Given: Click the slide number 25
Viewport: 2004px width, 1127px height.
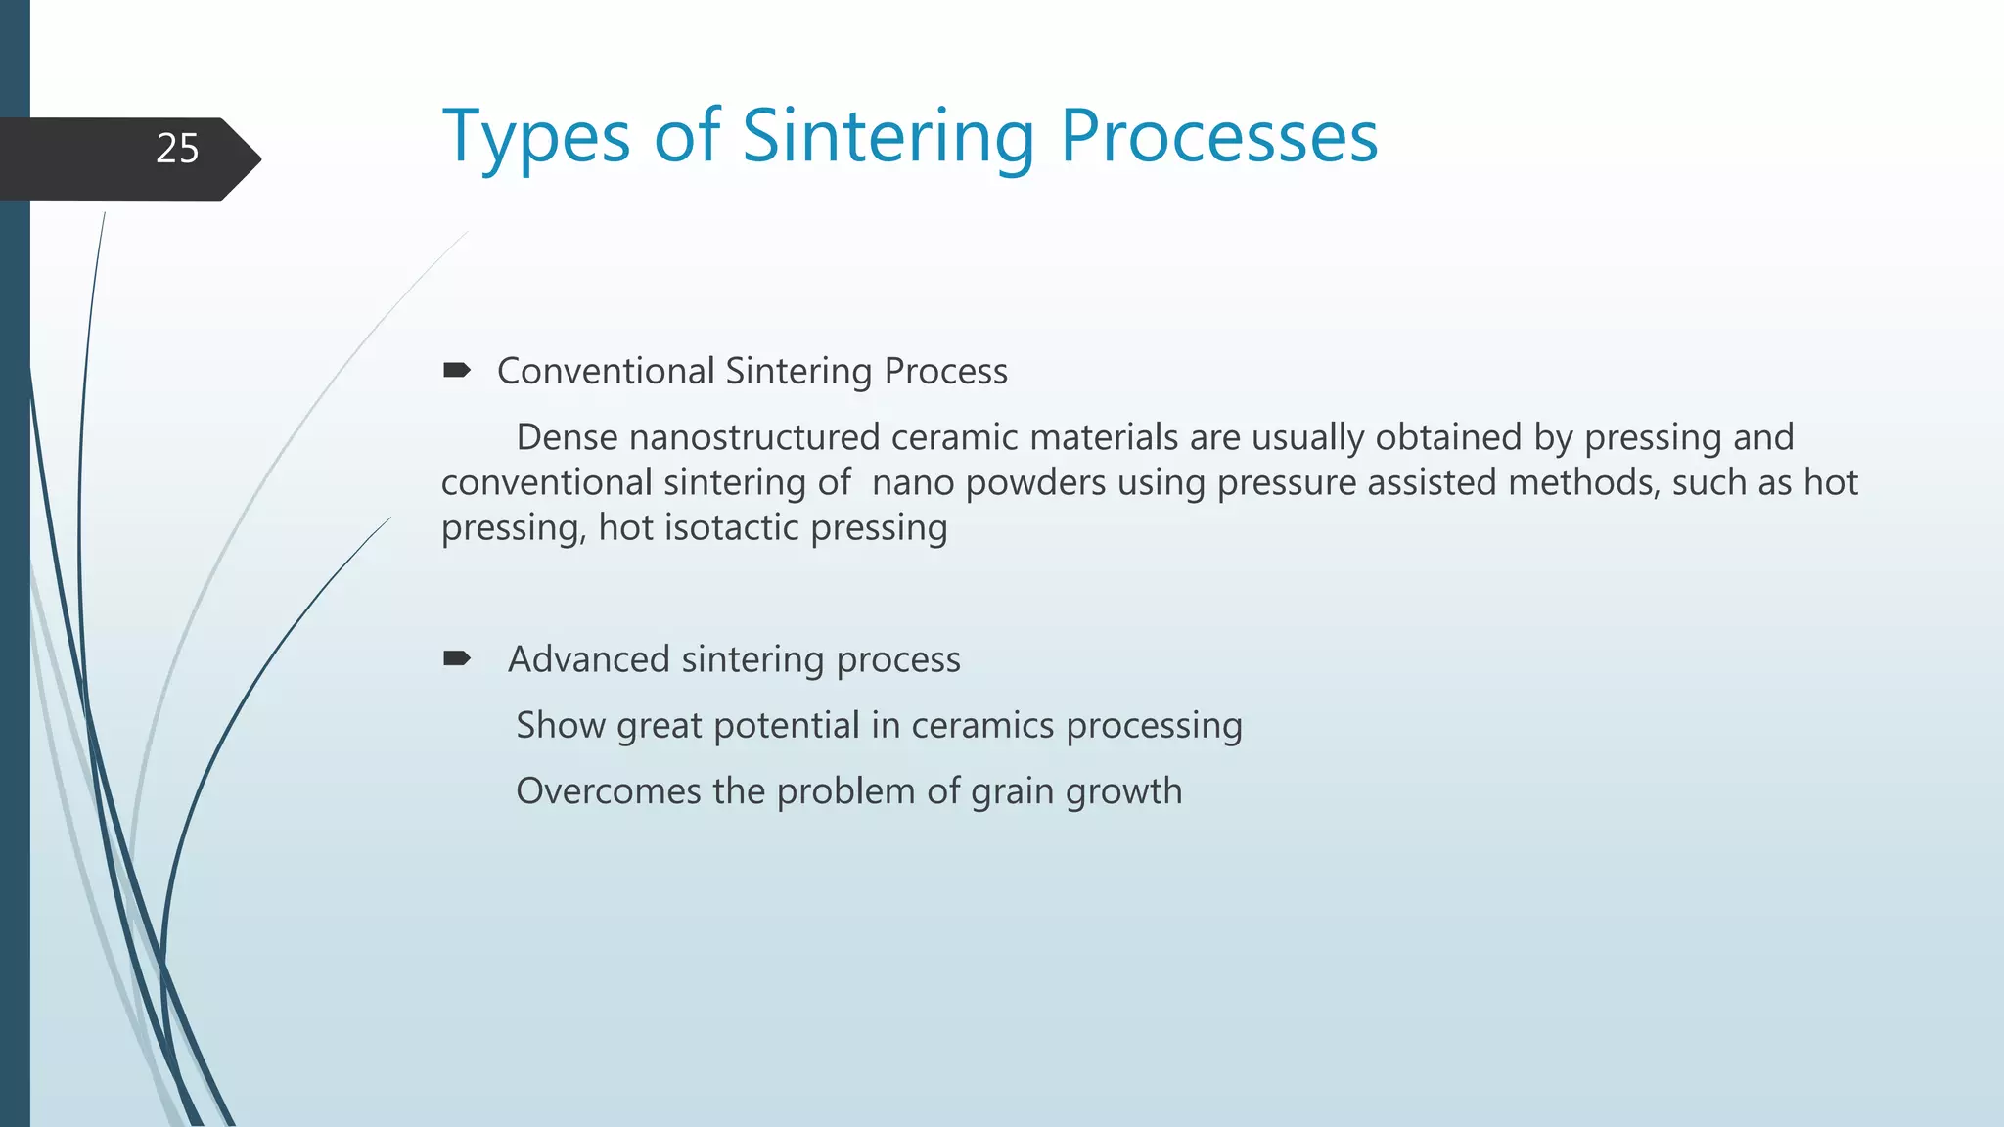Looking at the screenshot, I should point(177,149).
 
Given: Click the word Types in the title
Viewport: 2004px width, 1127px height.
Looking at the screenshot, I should point(536,137).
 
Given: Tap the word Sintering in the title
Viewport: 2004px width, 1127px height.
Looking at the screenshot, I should point(888,137).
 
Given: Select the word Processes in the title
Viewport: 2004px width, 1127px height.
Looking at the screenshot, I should point(1219,137).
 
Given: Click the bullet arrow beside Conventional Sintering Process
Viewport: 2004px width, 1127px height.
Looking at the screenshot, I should point(456,371).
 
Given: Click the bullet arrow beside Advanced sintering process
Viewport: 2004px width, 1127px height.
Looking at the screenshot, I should point(456,658).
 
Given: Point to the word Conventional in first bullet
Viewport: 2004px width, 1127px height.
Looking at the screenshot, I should point(606,372).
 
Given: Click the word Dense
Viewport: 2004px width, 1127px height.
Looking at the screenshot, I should point(567,437).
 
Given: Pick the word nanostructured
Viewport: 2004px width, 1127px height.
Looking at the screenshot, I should point(754,437).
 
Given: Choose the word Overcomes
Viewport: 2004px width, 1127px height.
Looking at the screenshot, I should point(608,791).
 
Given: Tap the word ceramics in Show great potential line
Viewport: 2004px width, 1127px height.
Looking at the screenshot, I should point(982,726).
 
